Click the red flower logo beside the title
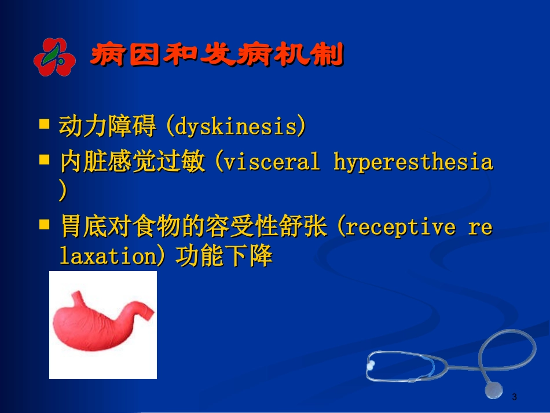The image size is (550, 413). [x=53, y=56]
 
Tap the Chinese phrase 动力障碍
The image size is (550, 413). [x=107, y=126]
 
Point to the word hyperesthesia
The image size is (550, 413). [x=413, y=162]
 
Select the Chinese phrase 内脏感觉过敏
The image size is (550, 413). [x=132, y=162]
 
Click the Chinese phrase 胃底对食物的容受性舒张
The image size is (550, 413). [x=193, y=226]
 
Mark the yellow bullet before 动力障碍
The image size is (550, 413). [x=45, y=124]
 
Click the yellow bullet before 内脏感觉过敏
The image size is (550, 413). [x=45, y=160]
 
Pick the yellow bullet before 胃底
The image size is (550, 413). [x=45, y=224]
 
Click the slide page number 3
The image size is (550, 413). [x=514, y=397]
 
